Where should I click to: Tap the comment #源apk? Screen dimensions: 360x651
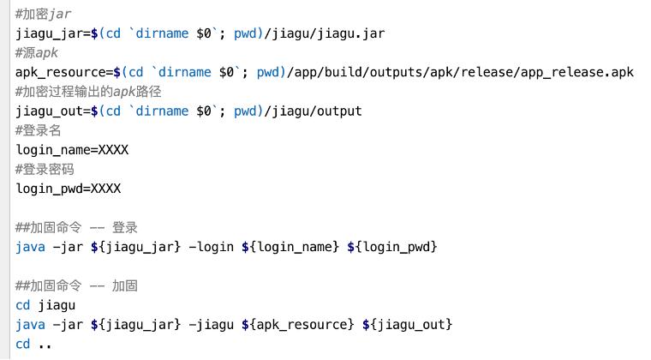pos(37,53)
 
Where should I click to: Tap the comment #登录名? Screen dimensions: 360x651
pos(39,130)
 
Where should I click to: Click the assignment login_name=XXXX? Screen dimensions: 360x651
pos(72,150)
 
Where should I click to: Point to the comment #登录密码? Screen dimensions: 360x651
pos(45,170)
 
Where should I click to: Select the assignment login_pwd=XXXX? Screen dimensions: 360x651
pos(69,189)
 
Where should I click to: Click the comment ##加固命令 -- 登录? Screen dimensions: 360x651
pos(76,228)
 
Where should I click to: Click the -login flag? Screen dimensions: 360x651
pos(211,247)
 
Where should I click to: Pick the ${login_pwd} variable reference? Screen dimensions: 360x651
pos(391,247)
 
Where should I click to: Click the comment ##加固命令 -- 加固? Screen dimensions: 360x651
pos(76,285)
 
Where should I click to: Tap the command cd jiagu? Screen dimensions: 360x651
pos(45,305)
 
